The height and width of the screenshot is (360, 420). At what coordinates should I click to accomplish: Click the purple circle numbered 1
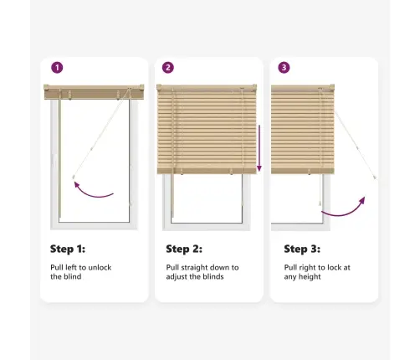click(x=57, y=68)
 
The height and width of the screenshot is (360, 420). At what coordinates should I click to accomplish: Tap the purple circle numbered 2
click(x=168, y=68)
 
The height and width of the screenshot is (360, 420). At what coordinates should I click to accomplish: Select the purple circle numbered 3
click(x=284, y=68)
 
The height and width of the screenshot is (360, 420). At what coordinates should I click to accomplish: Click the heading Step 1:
click(x=68, y=249)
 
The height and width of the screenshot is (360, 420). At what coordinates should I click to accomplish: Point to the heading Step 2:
click(x=184, y=249)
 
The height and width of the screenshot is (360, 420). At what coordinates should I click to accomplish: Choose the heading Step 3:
click(x=302, y=249)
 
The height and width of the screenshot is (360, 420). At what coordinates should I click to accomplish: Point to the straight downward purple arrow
click(x=259, y=148)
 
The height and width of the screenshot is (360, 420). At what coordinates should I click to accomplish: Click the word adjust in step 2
click(x=178, y=277)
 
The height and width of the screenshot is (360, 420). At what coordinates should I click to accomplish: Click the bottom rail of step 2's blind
click(x=207, y=171)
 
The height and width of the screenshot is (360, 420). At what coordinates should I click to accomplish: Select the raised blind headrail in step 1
click(x=94, y=92)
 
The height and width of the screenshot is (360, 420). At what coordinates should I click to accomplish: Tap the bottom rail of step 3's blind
click(x=303, y=171)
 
